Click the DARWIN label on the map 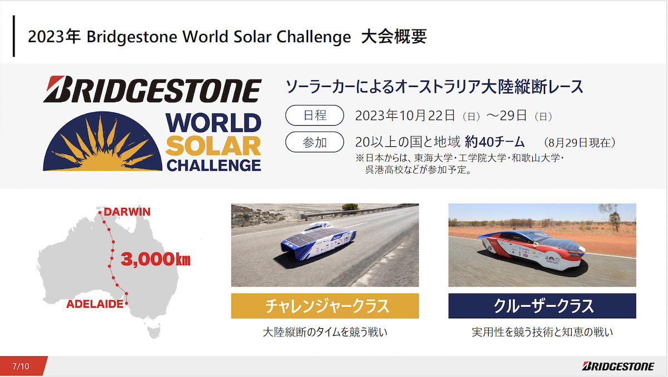tap(127, 212)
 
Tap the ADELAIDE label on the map tap(95, 304)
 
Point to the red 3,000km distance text tap(155, 259)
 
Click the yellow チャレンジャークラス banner tap(325, 306)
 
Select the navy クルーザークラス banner tap(542, 306)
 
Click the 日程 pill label tap(315, 115)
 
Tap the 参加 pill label tap(315, 142)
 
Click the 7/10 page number tap(21, 366)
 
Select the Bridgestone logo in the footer tap(618, 366)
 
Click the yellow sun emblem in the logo tap(102, 143)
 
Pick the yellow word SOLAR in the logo tap(214, 146)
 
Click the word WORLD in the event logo tap(214, 122)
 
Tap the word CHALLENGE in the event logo tap(214, 166)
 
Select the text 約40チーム tap(495, 142)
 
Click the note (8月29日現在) tap(579, 143)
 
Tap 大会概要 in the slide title tap(394, 37)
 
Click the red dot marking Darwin tap(100, 212)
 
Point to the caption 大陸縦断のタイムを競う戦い tap(325, 332)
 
